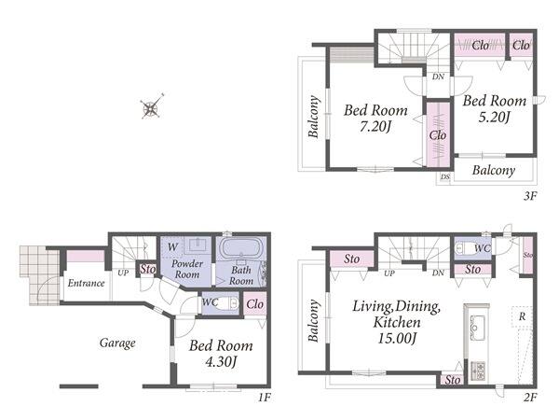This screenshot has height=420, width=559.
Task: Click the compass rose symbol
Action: pyautogui.click(x=152, y=107)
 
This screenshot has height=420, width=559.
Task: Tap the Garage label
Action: pyautogui.click(x=117, y=343)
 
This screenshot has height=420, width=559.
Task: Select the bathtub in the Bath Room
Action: pyautogui.click(x=241, y=247)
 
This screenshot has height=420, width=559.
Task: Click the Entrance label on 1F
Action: pyautogui.click(x=87, y=283)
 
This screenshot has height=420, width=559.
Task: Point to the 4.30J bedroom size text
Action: pyautogui.click(x=221, y=362)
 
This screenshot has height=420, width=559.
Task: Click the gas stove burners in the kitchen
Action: pyautogui.click(x=478, y=371)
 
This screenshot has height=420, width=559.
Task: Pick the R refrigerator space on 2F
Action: pyautogui.click(x=522, y=316)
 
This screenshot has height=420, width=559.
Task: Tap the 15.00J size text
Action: pyautogui.click(x=397, y=338)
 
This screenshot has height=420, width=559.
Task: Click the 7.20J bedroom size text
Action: pyautogui.click(x=375, y=126)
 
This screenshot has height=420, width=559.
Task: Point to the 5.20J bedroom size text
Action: pyautogui.click(x=494, y=117)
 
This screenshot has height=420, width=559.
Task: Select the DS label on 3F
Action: pyautogui.click(x=445, y=176)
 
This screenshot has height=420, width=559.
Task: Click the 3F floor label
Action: pyautogui.click(x=530, y=196)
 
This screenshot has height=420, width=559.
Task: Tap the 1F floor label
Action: pyautogui.click(x=265, y=398)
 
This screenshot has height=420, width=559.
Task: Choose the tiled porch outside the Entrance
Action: pyautogui.click(x=39, y=275)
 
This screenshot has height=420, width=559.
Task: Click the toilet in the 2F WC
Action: pyautogui.click(x=465, y=247)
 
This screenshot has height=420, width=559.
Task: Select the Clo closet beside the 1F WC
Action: pyautogui.click(x=255, y=304)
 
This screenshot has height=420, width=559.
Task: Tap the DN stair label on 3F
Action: pyautogui.click(x=438, y=77)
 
